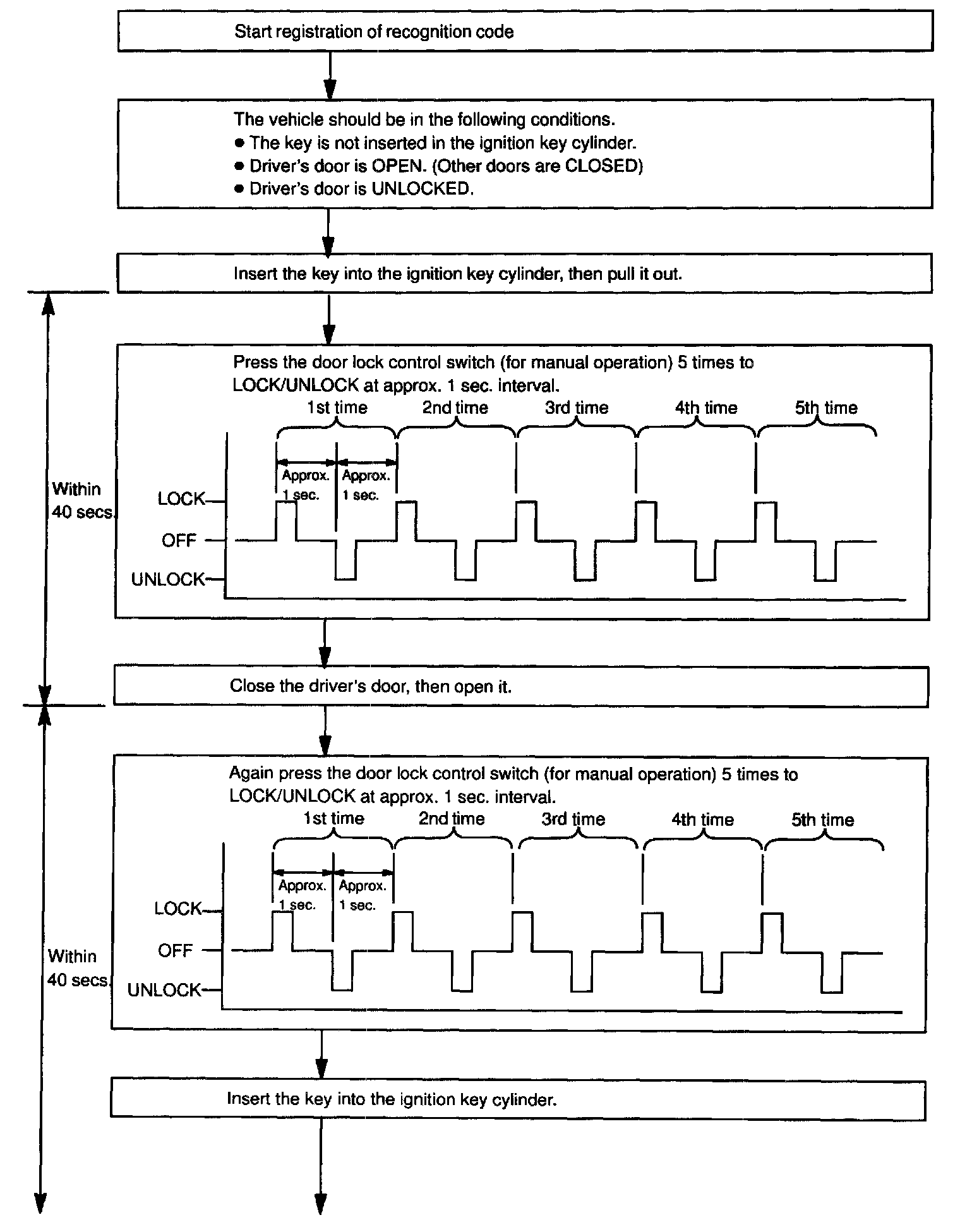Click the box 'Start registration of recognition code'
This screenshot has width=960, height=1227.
tap(524, 32)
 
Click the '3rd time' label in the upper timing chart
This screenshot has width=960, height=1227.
tap(576, 408)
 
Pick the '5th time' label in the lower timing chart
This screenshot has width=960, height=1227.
tap(822, 819)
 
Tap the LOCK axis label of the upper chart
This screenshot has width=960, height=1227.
tap(181, 499)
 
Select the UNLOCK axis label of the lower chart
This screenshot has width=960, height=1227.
tap(164, 990)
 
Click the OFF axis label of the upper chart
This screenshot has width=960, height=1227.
tap(179, 541)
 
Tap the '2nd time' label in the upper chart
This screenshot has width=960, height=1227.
tap(455, 408)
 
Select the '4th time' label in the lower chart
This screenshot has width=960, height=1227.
tap(702, 819)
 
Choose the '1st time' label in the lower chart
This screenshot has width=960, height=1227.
tap(333, 819)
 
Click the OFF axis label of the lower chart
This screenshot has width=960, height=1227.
tap(175, 950)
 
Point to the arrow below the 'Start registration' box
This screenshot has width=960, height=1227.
tap(329, 75)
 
